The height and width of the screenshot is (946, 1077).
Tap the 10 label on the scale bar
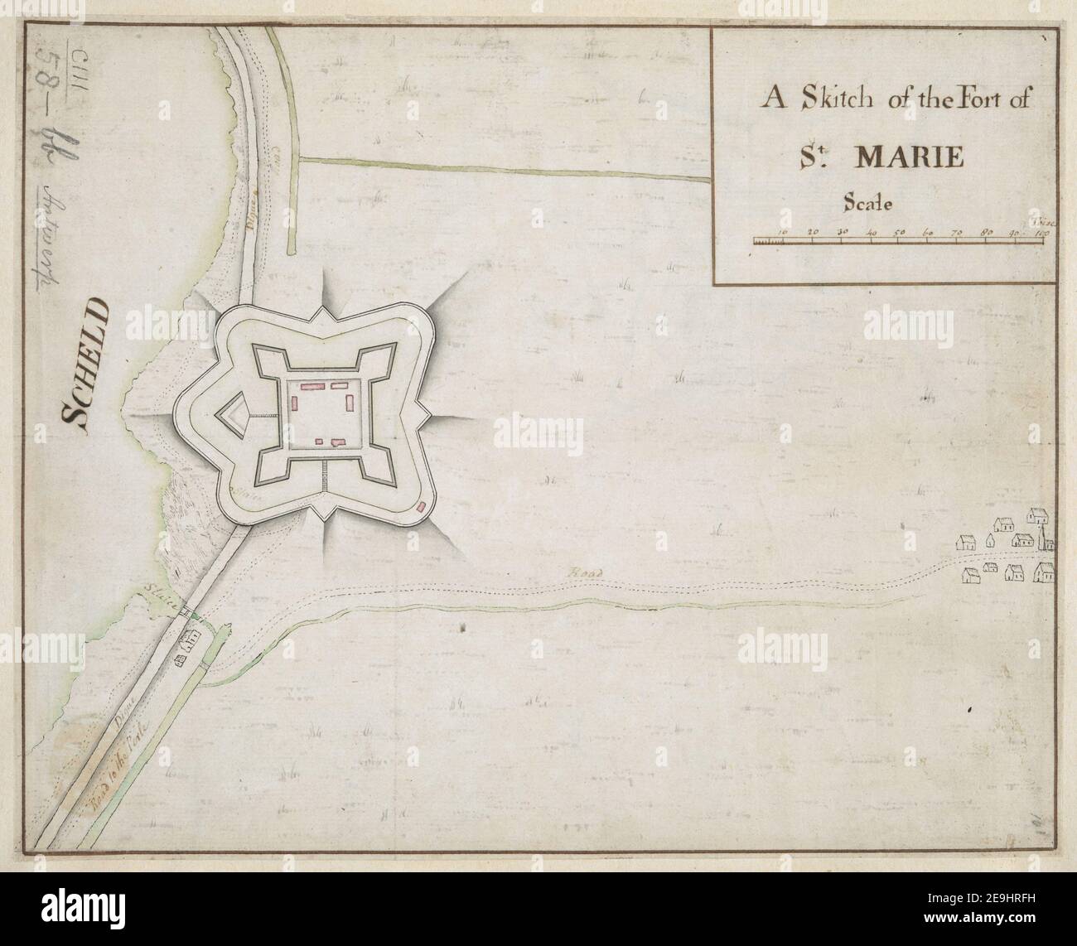[783, 234]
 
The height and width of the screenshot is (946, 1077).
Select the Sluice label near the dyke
[159, 598]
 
